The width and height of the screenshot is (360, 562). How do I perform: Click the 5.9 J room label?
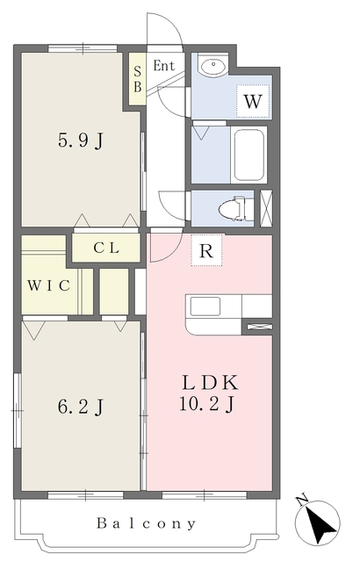point(81,140)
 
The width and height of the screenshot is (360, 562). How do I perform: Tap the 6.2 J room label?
point(81,407)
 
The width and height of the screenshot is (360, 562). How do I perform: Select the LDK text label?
point(210,383)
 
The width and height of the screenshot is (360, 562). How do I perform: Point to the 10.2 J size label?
point(207,404)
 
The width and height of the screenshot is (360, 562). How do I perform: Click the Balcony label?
point(147,523)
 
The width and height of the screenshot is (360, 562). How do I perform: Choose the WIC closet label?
point(48,285)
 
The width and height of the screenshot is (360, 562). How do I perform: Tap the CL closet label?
point(106,248)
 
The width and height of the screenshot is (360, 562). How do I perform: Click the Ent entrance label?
point(164,66)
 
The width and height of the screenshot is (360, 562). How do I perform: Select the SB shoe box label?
point(138,80)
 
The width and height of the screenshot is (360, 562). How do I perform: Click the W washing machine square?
point(253,102)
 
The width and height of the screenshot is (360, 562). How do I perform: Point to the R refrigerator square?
point(206,250)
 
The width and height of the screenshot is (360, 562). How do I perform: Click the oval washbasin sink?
point(213,66)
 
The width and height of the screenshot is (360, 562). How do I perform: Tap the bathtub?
point(249,155)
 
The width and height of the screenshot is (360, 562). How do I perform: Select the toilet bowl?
point(232,208)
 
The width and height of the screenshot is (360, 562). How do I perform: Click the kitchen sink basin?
point(205,306)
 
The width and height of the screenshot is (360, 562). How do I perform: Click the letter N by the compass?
point(302,500)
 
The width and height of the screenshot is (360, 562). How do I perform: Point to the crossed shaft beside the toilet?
point(266,208)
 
